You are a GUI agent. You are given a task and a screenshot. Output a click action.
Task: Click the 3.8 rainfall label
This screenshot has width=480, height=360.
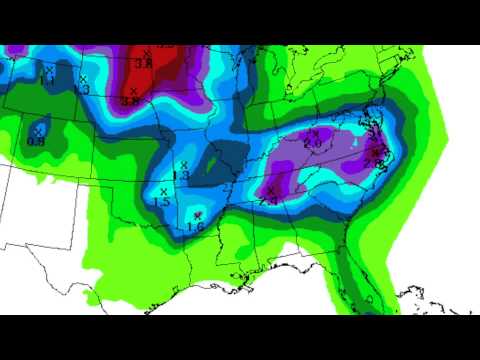[143, 63]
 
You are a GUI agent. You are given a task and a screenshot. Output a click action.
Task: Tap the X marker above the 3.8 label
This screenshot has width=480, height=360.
[147, 52]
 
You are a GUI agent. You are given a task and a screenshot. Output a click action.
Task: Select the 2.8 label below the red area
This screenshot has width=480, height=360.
[131, 101]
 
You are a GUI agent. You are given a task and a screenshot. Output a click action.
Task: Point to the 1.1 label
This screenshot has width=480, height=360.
[46, 79]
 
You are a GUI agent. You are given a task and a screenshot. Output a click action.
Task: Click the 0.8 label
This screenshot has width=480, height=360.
[36, 141]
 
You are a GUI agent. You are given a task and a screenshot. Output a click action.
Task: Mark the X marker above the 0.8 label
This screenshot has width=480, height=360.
[39, 130]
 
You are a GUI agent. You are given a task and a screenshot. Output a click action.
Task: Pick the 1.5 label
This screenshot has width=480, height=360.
[161, 202]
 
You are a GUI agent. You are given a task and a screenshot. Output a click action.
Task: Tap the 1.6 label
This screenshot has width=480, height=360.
[195, 227]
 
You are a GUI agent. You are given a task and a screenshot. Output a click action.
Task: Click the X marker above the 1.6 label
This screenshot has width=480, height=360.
[198, 215]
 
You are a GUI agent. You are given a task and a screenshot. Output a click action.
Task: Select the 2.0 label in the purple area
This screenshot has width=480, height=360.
[312, 144]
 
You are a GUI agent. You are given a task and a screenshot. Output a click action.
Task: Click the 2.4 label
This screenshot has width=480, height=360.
[270, 201]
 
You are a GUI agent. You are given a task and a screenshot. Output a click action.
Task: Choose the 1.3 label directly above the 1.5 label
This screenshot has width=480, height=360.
[182, 176]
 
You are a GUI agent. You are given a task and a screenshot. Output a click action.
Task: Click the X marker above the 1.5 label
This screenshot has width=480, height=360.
[163, 191]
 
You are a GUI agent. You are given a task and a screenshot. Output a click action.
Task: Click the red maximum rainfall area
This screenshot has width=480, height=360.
[150, 75]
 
